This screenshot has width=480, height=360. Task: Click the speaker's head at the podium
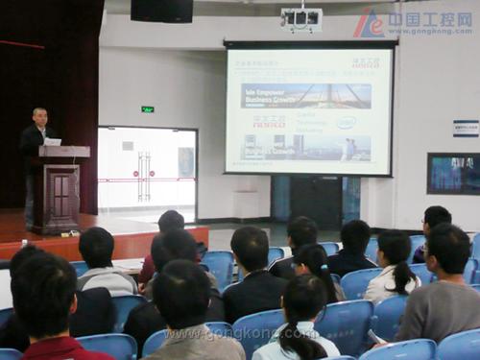coord(39,116)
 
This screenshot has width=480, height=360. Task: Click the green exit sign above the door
coord(147,109)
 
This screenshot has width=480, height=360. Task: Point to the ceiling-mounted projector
coord(301,18)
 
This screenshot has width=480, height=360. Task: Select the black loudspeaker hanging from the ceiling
coord(162,10)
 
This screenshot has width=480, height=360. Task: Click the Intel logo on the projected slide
coord(346,123)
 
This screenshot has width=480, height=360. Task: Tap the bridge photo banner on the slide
coord(305,95)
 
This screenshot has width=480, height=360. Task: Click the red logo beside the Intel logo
coord(270,122)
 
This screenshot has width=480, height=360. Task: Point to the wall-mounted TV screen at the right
coord(453,174)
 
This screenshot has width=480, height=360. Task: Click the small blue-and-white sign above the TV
coord(466,128)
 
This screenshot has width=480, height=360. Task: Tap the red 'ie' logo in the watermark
coord(369,23)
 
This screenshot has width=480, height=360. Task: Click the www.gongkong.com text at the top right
coord(431,31)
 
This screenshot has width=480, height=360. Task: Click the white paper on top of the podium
coord(53,141)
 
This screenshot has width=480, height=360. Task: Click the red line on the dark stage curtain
coord(21,44)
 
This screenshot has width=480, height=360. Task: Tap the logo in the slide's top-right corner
coord(365,64)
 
